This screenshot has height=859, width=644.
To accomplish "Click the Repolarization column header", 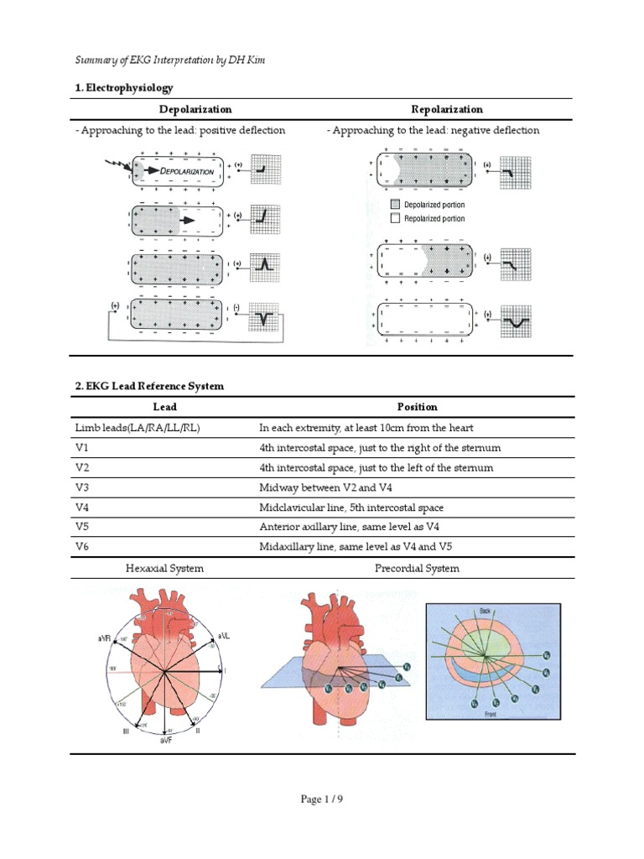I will [x=447, y=109].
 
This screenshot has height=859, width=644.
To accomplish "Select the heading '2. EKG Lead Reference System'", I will [x=149, y=386].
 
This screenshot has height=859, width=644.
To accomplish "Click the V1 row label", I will [x=82, y=448].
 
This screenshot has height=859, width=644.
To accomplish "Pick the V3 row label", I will [x=82, y=487].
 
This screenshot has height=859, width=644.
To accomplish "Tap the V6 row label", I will [x=82, y=547].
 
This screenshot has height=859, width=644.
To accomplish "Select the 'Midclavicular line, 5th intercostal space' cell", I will [x=351, y=508].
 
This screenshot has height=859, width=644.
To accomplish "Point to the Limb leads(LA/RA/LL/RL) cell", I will [x=138, y=428].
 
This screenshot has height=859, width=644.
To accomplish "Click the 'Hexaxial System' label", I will [x=164, y=568].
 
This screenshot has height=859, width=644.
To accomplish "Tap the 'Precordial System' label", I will [x=417, y=568].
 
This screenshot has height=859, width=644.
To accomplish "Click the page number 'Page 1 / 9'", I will [x=322, y=799].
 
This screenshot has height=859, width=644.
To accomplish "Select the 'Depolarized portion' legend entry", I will [x=434, y=205].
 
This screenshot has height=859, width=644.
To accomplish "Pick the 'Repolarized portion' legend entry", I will [x=434, y=219].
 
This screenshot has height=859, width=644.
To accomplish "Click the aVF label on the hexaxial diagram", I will [x=164, y=742].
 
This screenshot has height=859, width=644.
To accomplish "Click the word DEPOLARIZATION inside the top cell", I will [x=186, y=170].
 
